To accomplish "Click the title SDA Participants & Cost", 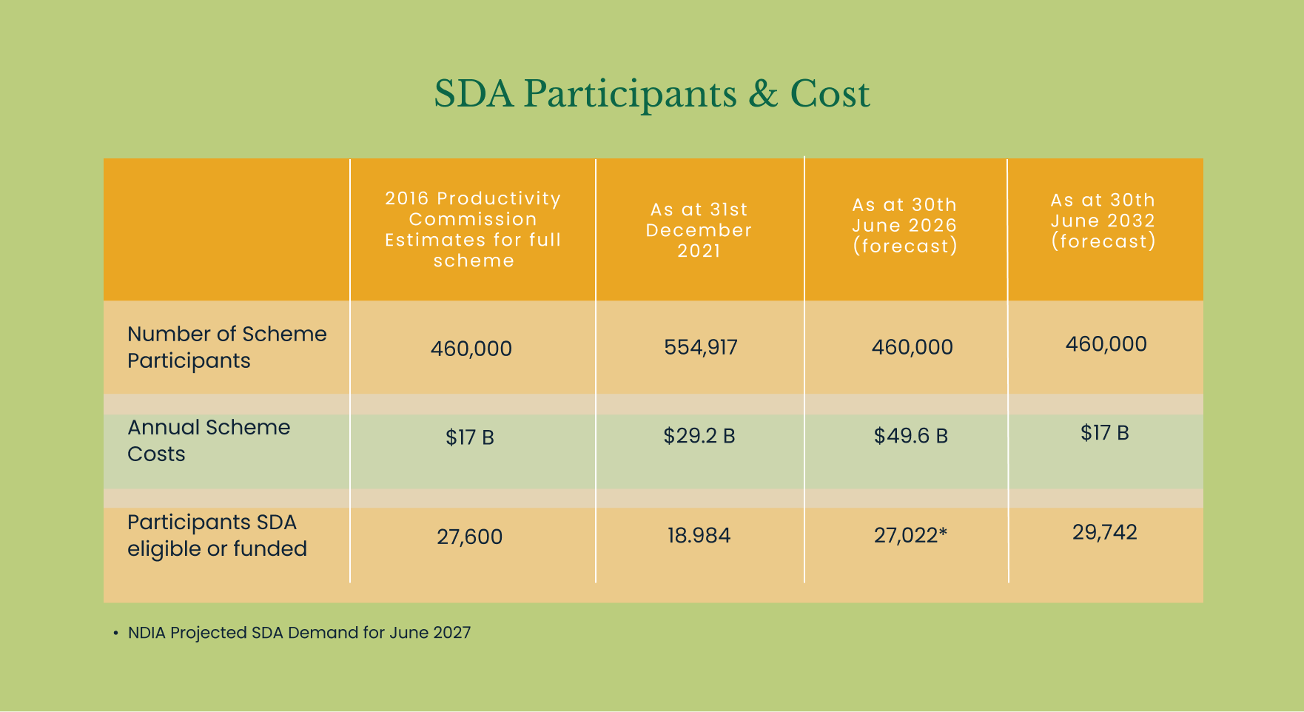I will (651, 94).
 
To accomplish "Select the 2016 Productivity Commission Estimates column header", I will (473, 229).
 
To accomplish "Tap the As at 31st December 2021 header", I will (699, 230).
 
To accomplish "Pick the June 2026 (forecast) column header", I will (904, 226).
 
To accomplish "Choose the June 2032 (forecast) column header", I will (1103, 221).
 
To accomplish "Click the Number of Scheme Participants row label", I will (226, 347).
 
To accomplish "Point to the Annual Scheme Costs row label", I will (208, 440).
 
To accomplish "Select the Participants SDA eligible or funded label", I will (217, 535).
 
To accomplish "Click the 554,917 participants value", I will (700, 347).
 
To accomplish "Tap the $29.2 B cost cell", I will (699, 436).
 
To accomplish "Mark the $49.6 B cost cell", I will (910, 436).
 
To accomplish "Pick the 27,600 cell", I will (469, 537).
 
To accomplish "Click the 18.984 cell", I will (699, 536).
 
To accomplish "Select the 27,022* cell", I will (910, 535).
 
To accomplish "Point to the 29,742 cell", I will (1104, 532).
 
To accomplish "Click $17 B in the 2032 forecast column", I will (1104, 433).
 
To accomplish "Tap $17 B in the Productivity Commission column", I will (469, 437).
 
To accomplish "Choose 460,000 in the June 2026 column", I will (912, 347).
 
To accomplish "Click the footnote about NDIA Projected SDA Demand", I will (299, 633).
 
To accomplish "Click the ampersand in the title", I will (763, 95).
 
